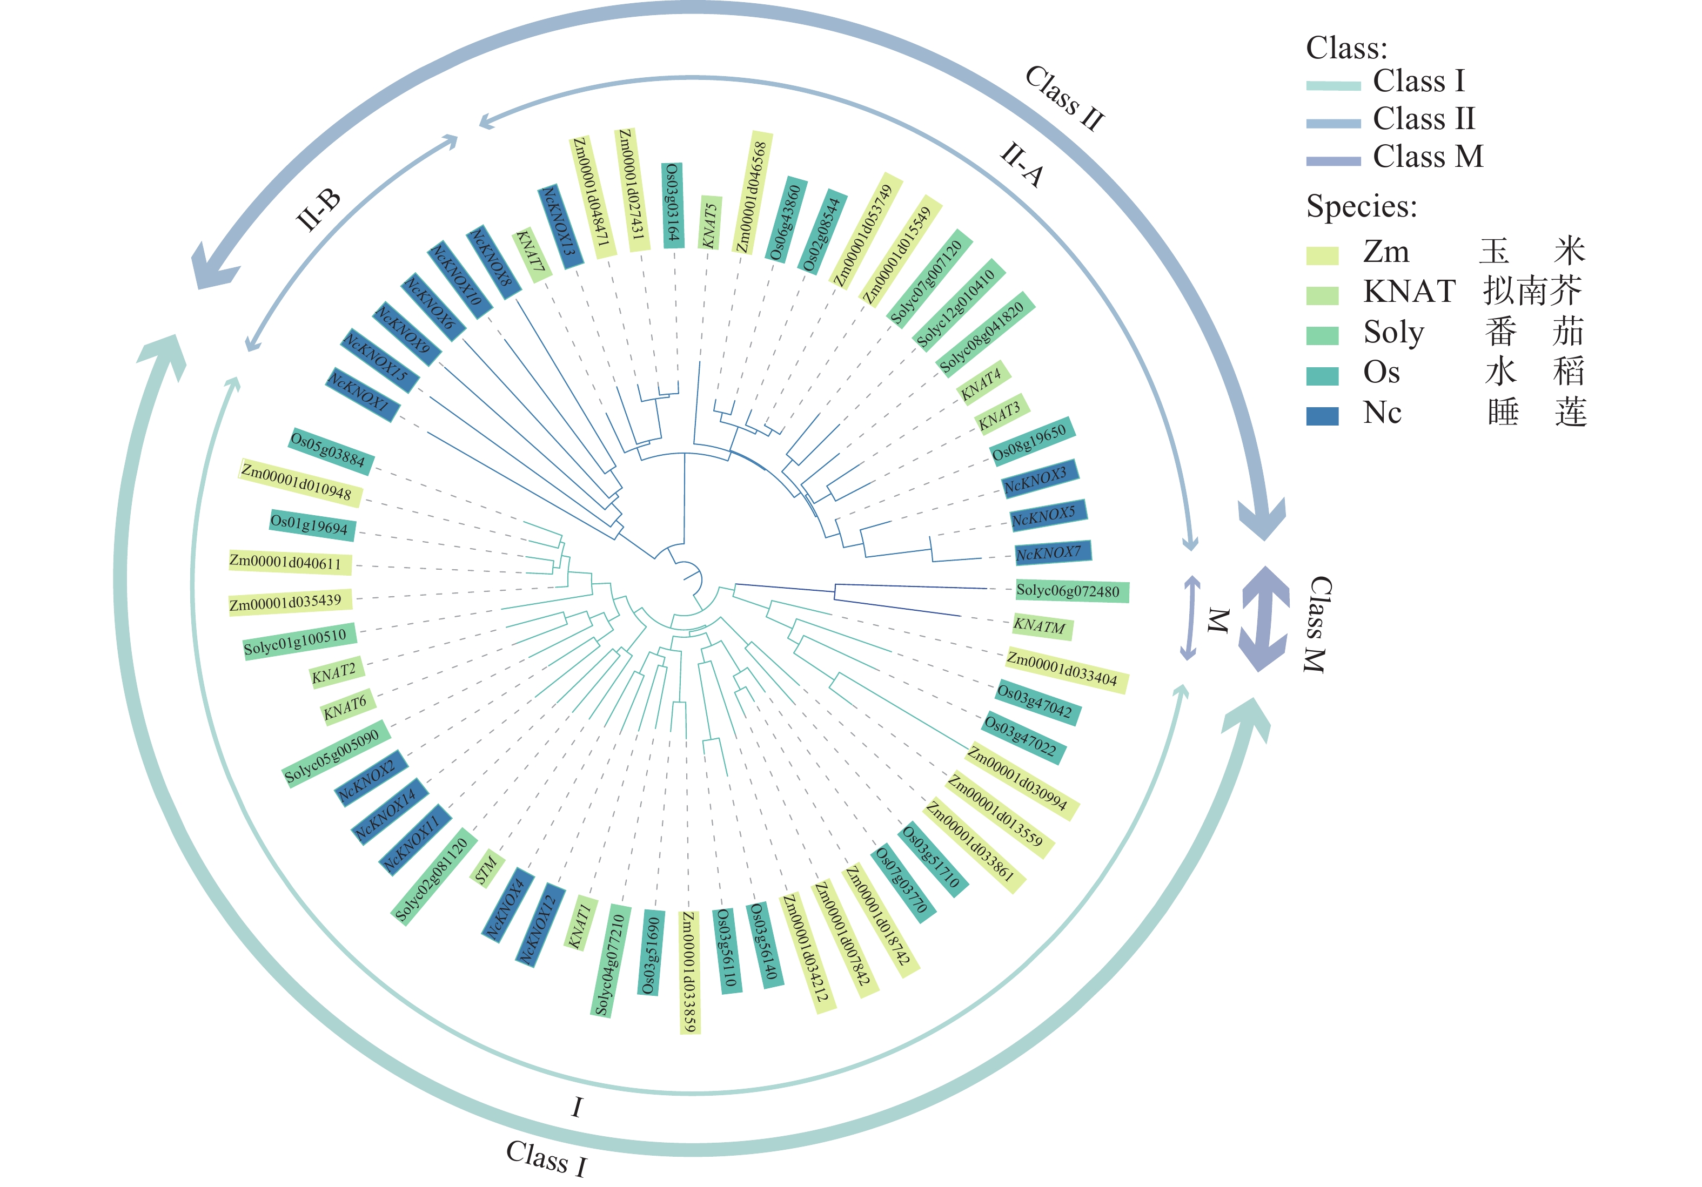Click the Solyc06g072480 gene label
(1071, 591)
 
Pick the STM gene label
(486, 870)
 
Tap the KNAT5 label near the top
(710, 223)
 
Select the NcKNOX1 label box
(362, 394)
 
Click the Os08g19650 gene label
(1031, 442)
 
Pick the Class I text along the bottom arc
(546, 1157)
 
